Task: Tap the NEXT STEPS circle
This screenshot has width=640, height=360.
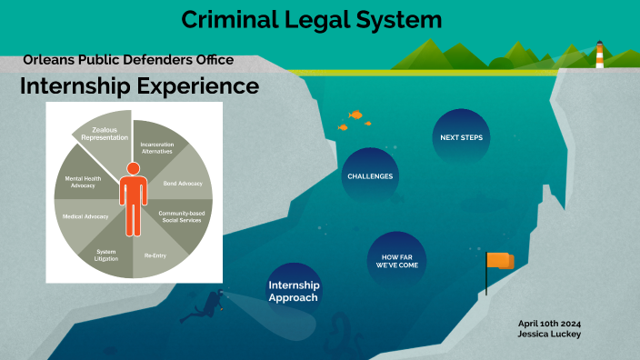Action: [x=461, y=137]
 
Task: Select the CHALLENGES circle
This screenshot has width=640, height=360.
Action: [x=370, y=175]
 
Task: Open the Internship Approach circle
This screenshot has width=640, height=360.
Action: [x=294, y=291]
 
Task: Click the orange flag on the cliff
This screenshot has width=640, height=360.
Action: [x=499, y=261]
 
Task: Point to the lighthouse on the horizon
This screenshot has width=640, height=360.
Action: [x=599, y=55]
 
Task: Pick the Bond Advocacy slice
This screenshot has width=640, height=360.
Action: [x=182, y=183]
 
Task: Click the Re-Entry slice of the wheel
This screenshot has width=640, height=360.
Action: [x=155, y=255]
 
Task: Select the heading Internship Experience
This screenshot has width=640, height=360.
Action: [x=139, y=86]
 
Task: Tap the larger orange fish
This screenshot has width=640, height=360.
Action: [x=355, y=115]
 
